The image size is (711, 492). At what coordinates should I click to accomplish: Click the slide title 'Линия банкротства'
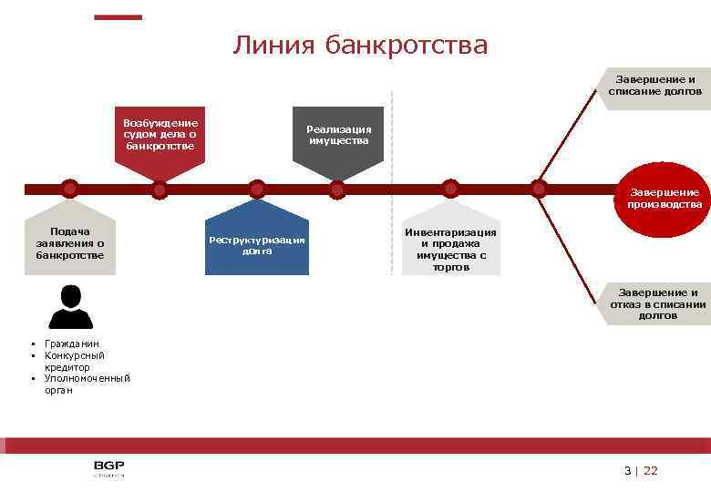pos(360,45)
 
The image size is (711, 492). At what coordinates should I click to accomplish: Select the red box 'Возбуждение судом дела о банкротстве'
pos(160,135)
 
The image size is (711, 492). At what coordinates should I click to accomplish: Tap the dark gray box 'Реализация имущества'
pos(338,135)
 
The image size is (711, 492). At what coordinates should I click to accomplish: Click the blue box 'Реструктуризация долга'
pos(257,245)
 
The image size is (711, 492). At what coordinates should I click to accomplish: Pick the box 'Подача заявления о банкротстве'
pos(70,243)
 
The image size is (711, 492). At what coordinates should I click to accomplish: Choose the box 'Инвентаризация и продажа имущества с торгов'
pos(450,250)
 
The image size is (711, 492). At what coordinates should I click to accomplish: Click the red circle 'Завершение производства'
pos(663,199)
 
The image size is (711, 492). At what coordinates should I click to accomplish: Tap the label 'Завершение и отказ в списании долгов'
pos(657,303)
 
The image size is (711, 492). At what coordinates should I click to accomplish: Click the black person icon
pos(70,307)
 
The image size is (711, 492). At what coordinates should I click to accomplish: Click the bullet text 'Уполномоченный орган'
pos(87,384)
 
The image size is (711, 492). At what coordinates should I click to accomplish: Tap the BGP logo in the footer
pos(108,469)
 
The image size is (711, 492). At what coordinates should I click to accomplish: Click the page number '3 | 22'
pos(640,470)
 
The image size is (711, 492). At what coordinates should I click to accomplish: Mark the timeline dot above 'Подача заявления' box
pos(70,189)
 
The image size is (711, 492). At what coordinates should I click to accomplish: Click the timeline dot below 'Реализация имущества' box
pos(337,190)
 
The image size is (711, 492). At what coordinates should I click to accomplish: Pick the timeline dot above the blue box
pos(257,189)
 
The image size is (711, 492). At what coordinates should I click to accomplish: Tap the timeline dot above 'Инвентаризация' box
pos(450,188)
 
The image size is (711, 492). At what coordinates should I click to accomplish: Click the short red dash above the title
pos(118,16)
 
